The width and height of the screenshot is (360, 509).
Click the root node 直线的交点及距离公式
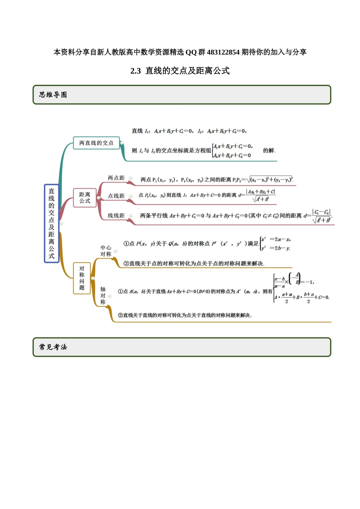pos(52,223)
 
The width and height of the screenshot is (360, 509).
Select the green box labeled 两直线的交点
pos(96,143)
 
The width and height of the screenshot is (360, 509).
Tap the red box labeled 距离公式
pos(85,198)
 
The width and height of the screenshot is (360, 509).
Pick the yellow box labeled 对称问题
pos(82,278)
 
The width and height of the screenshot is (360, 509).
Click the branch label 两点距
pos(116,178)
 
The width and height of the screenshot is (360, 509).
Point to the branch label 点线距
pos(116,196)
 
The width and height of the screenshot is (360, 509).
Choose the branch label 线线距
pos(116,215)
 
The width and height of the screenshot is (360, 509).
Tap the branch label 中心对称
pos(106,251)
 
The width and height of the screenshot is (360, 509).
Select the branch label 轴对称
pos(103,295)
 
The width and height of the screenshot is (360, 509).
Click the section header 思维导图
pos(53,95)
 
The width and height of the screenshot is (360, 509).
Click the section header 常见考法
pos(53,347)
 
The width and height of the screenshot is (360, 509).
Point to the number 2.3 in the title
pos(135,71)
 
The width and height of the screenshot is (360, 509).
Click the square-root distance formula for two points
pos(270,180)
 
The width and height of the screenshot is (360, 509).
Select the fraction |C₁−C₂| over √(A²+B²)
pos(321,216)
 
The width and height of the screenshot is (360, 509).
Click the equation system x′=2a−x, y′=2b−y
pos(276,244)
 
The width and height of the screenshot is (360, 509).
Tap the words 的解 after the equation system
pos(269,150)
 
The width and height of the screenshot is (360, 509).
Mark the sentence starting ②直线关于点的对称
pos(194,264)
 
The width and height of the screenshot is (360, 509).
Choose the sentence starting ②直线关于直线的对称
pos(185,315)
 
